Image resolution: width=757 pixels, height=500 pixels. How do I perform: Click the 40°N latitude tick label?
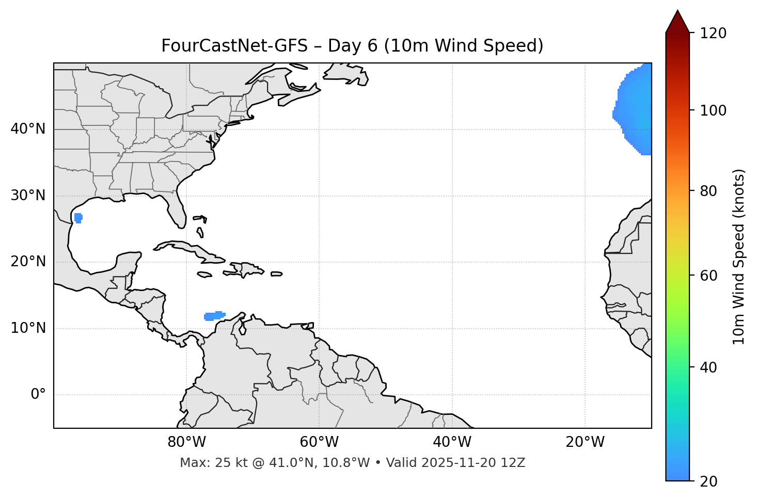(x=28, y=129)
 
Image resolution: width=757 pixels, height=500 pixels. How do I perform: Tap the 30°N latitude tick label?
(x=28, y=196)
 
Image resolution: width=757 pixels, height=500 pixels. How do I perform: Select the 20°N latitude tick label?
(x=28, y=262)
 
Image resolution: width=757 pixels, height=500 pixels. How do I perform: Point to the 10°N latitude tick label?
(x=28, y=328)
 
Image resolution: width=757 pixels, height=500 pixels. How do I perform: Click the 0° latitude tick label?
(x=38, y=395)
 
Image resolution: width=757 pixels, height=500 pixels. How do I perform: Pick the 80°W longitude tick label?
(x=186, y=442)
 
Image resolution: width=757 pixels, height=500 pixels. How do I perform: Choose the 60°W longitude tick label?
(x=319, y=442)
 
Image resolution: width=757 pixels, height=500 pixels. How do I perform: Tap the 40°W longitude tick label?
(x=452, y=442)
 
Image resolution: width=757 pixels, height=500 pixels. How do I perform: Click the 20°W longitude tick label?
(x=585, y=442)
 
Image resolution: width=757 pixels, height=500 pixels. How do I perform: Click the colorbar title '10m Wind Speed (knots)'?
(x=739, y=256)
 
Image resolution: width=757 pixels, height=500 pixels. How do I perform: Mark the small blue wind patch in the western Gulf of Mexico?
(x=78, y=218)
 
